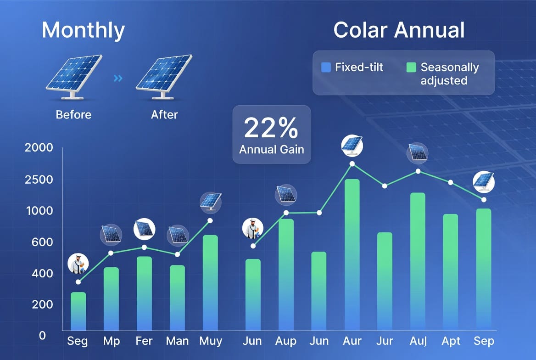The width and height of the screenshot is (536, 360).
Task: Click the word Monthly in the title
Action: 83,30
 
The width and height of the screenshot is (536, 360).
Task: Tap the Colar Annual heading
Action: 399,30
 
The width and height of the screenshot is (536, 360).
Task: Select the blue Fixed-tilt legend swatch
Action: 326,67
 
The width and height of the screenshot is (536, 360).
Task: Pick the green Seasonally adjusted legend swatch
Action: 411,67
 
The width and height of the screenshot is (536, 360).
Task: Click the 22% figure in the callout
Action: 271,129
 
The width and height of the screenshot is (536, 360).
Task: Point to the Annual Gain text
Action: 271,150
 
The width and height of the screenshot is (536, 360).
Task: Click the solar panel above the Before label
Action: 74,76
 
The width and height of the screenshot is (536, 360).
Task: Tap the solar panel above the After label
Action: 164,76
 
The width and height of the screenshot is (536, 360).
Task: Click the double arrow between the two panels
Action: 118,79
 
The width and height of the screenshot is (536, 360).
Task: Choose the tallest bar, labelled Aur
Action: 352,255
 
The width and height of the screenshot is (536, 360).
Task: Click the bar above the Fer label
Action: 144,293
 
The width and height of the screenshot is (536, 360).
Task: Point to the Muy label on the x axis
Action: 211,341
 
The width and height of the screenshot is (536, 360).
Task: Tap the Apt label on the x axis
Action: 451,341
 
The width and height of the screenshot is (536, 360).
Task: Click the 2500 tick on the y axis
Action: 39,179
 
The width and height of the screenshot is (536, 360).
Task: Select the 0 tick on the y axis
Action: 42,335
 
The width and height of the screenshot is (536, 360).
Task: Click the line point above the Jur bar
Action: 385,186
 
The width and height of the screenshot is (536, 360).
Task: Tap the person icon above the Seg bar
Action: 78,264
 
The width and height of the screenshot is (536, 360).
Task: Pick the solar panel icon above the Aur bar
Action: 352,146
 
